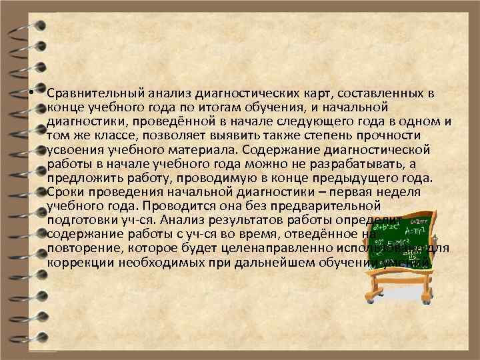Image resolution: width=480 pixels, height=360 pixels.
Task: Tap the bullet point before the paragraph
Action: pos(31,94)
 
